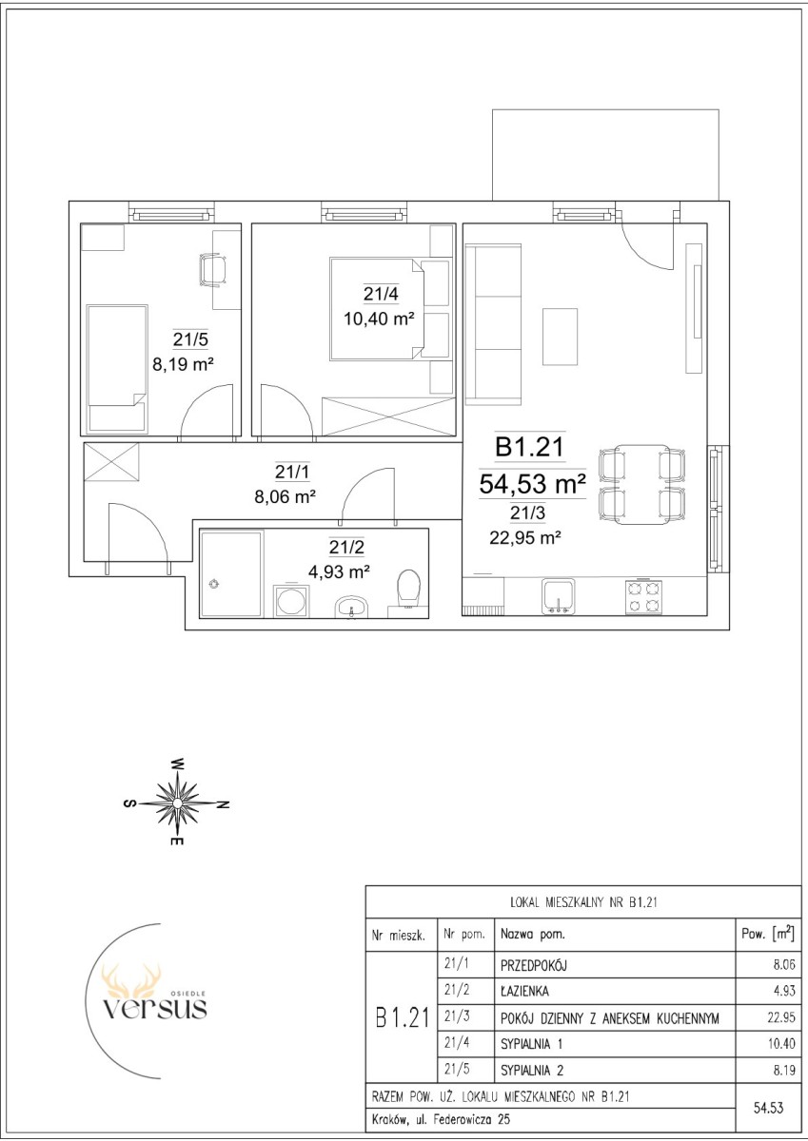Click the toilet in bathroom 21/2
click(x=406, y=592)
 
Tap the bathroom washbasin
click(x=351, y=607)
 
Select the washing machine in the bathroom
click(x=290, y=601)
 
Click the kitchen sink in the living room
click(x=559, y=596)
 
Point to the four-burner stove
click(x=643, y=597)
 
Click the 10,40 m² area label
click(x=379, y=319)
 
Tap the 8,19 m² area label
click(x=183, y=364)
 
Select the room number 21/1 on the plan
click(x=292, y=472)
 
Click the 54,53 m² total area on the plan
click(x=532, y=484)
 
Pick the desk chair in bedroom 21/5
click(x=213, y=270)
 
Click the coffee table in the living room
click(x=560, y=337)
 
